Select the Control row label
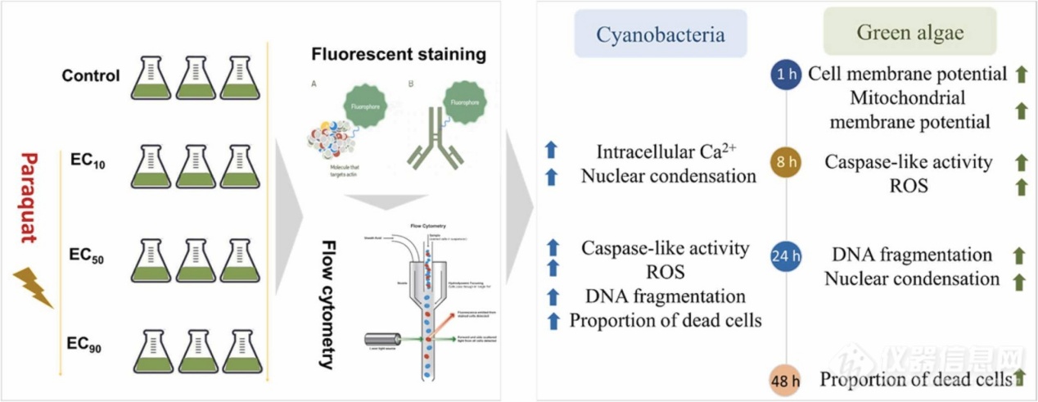click(90, 77)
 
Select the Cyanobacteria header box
click(660, 34)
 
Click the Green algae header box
click(909, 33)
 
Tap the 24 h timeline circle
click(786, 257)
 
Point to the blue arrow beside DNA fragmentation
click(553, 296)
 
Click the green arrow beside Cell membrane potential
click(1020, 75)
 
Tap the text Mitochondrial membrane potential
click(897, 110)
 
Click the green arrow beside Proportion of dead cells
click(1020, 377)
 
